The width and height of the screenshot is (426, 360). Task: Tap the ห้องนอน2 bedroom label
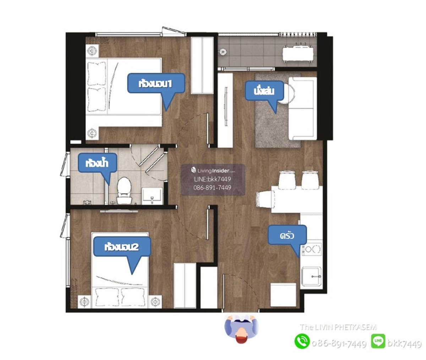point(122,246)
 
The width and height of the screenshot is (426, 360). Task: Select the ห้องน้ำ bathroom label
point(98,163)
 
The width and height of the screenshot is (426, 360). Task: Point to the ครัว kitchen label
point(287,235)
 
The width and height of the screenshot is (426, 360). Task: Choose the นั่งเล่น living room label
point(264,91)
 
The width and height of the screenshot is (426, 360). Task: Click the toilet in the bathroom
point(124,190)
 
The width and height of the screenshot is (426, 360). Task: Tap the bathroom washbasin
point(152,196)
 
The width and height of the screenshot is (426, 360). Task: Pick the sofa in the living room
point(302,108)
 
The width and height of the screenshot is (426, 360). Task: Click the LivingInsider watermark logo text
point(213,170)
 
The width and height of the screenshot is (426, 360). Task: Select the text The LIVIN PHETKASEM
point(338,327)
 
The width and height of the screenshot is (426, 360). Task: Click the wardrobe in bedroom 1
point(202,65)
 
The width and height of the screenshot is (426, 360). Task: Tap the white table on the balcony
point(298,54)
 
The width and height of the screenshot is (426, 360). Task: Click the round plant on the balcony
point(223,52)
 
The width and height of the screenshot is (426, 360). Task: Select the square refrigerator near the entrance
point(283,295)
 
